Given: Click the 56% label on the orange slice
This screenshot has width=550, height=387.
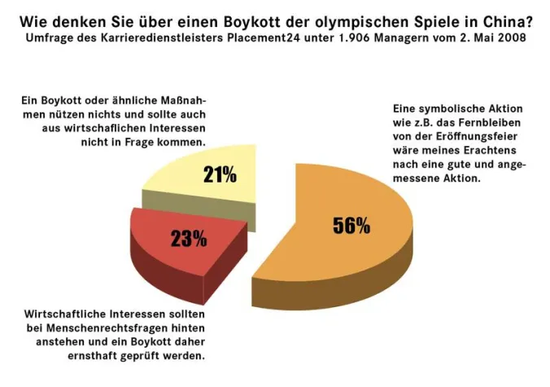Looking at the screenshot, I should pos(351,226).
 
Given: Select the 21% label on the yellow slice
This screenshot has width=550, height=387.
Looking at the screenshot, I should pos(220,174).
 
